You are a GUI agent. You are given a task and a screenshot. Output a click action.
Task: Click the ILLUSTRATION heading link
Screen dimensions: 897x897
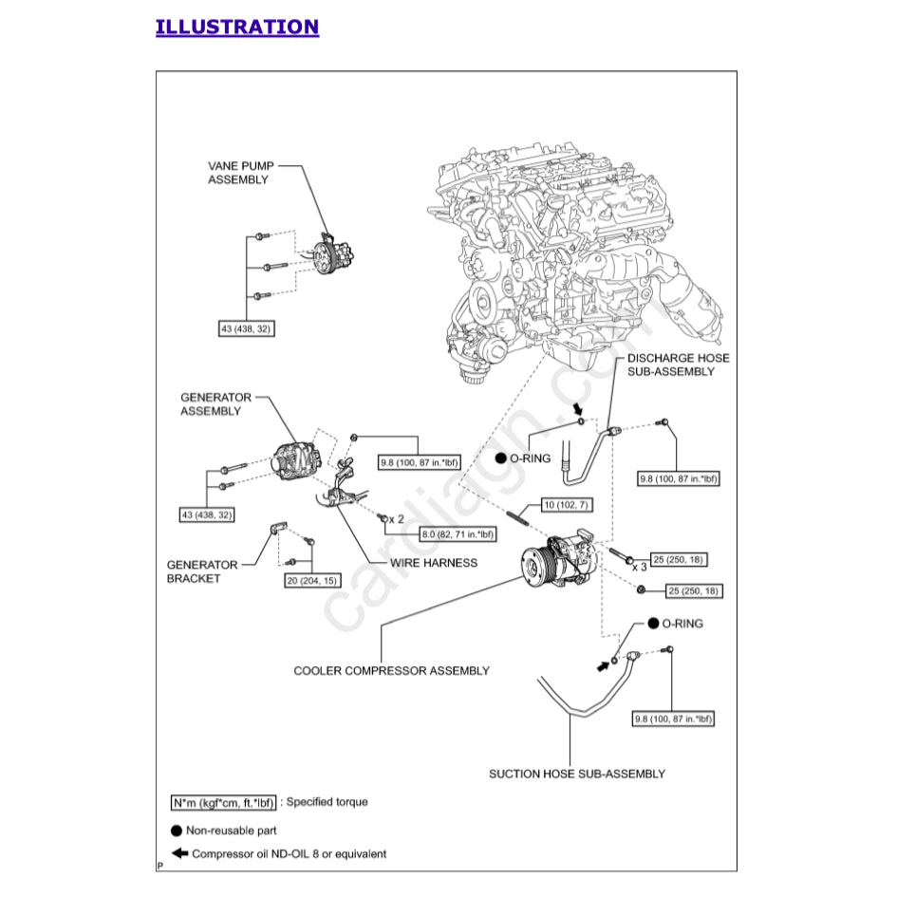(237, 27)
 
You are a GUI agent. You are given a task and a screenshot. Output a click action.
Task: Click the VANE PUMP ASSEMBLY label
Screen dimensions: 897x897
(238, 172)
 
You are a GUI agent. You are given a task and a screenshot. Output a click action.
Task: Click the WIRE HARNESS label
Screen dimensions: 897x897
(434, 563)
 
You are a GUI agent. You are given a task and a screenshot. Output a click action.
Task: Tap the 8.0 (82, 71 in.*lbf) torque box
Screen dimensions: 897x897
(458, 534)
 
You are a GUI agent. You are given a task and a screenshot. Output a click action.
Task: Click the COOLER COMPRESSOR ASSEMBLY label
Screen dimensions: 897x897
(391, 670)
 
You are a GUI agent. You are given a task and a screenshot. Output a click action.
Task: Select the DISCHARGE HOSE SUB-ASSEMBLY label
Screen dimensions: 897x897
(678, 364)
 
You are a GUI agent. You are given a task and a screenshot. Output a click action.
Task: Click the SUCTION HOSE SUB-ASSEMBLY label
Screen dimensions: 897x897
(576, 774)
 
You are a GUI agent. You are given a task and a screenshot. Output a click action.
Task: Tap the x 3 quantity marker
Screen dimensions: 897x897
(640, 567)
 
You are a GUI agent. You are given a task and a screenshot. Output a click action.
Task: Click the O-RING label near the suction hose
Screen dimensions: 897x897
(682, 624)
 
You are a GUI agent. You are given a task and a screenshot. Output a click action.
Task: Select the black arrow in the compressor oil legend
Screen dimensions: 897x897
(179, 853)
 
